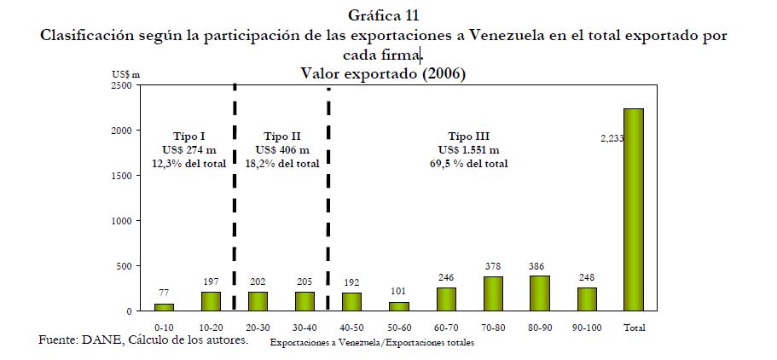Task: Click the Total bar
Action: tap(633, 210)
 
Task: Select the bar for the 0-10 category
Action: tap(163, 307)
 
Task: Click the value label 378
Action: tap(492, 266)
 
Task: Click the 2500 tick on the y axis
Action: tap(120, 85)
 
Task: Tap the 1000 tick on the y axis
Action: tap(120, 220)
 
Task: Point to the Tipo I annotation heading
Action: tap(188, 136)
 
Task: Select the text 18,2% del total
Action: tap(281, 163)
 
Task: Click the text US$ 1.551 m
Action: tap(468, 150)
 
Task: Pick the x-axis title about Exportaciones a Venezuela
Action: tap(371, 343)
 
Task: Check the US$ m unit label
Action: tap(126, 74)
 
